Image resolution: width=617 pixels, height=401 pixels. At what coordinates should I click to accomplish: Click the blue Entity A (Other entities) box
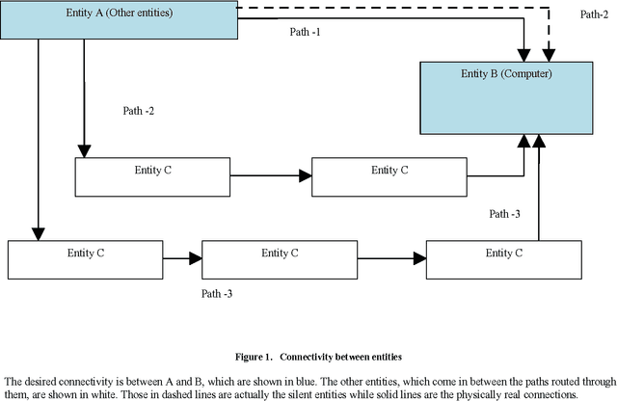coord(119,19)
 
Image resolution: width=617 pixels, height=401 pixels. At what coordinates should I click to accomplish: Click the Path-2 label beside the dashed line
coord(594,14)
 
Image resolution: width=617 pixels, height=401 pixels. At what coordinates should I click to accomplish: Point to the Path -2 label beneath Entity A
coord(139,111)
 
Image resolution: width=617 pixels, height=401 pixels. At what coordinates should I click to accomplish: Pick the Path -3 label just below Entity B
coord(505,214)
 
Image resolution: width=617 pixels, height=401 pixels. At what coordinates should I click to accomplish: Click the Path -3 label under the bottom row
coord(217,293)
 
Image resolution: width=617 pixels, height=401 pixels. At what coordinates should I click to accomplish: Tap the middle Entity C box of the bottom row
coord(280,259)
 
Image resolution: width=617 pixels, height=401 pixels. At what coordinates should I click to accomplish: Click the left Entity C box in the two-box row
coord(152,176)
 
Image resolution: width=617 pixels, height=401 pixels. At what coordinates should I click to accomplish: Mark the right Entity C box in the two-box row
coord(389,176)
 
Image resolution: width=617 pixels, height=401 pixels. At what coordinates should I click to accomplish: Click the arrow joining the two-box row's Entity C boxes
coord(272,176)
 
